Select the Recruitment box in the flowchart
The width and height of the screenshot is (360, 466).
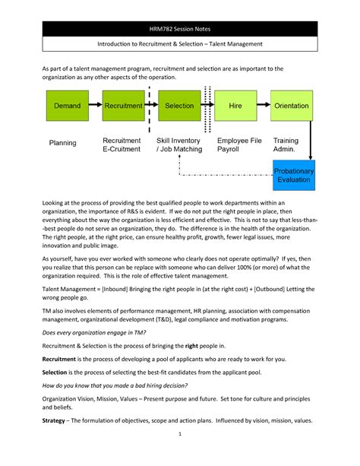(x=122, y=106)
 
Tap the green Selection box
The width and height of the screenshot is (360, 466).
(x=179, y=106)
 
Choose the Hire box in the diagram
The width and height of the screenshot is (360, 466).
(x=235, y=106)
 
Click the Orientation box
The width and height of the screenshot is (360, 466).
(x=292, y=106)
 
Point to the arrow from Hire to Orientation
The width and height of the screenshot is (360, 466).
(x=264, y=106)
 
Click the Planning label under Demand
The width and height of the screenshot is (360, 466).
(x=63, y=142)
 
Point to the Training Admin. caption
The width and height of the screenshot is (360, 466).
(x=286, y=146)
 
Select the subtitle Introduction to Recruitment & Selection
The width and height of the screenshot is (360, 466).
(x=180, y=44)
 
